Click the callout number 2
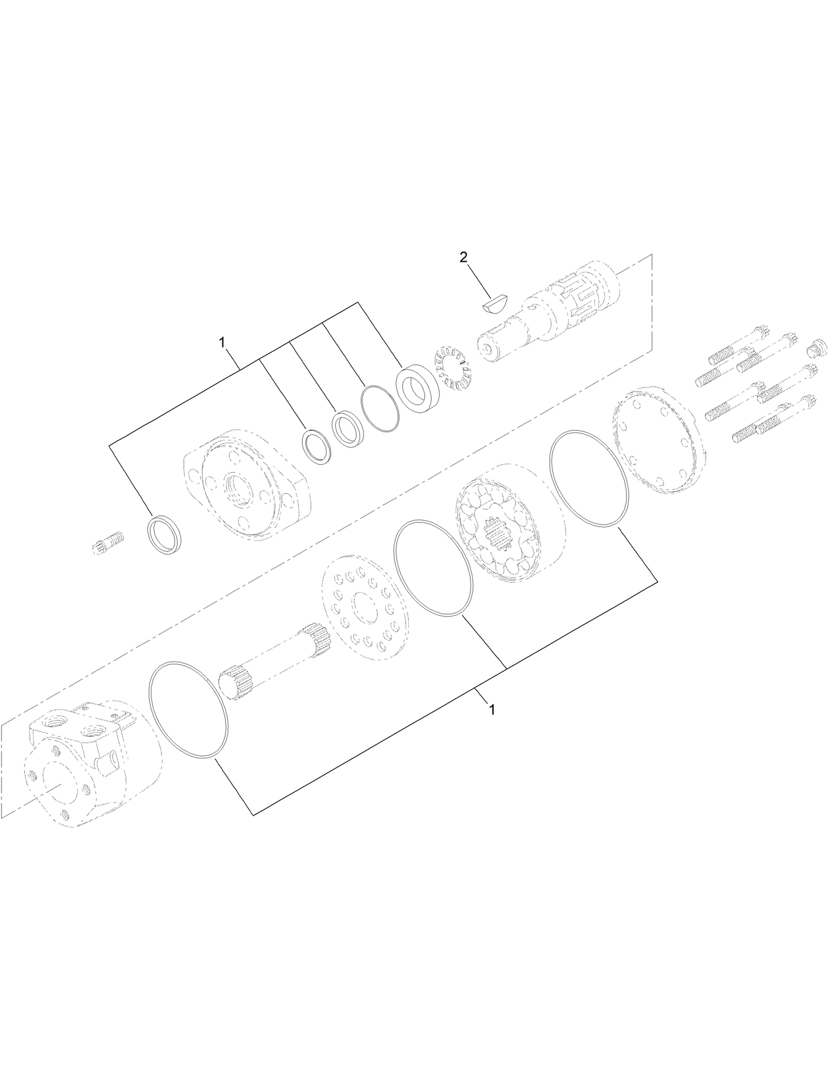point(463,257)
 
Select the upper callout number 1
point(222,343)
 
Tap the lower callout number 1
point(491,710)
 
